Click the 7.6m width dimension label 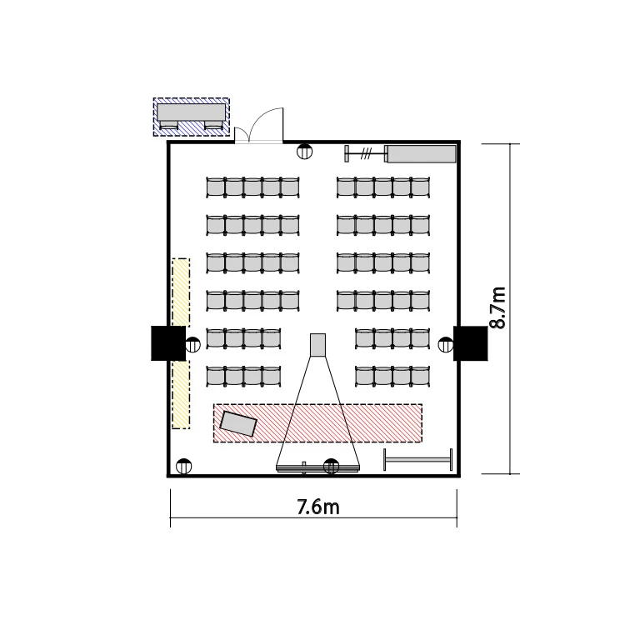tap(318, 507)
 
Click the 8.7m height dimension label tap(497, 307)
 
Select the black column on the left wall tap(168, 343)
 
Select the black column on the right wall tap(471, 343)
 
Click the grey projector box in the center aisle tap(317, 345)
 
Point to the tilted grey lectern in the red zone tap(238, 423)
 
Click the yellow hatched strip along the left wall tap(181, 343)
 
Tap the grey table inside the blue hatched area tap(191, 112)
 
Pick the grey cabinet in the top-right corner tap(422, 154)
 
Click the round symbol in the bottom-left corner tap(184, 466)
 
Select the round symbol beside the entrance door tap(305, 152)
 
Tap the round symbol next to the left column tap(193, 344)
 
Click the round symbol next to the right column tap(446, 344)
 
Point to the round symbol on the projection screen tap(331, 466)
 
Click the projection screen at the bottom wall tap(317, 467)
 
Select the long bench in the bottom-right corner tap(418, 459)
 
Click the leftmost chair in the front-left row tap(216, 376)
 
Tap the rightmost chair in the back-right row tap(421, 187)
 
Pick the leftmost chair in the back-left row tap(216, 187)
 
